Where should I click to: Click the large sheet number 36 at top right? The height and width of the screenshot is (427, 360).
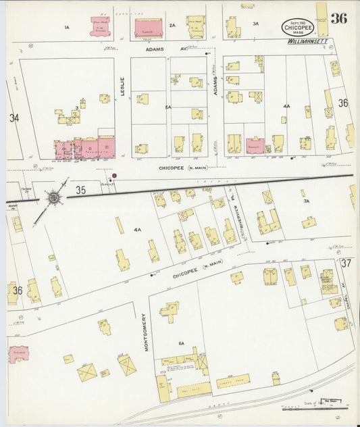tap(338, 18)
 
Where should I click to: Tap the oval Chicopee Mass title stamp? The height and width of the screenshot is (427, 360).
tap(297, 27)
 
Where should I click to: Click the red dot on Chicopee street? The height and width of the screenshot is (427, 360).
tap(114, 176)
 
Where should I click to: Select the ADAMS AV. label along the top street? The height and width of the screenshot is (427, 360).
tap(163, 49)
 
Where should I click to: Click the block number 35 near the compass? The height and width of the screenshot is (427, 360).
tap(81, 190)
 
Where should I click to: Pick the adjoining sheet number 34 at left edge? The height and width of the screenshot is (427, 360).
tap(14, 118)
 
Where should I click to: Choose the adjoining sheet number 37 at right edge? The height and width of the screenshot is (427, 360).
tap(346, 263)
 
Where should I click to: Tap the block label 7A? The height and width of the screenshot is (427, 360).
tap(306, 201)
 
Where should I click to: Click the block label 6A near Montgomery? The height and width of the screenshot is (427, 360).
tap(181, 344)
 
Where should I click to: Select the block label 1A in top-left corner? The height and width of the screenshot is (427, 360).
tap(66, 27)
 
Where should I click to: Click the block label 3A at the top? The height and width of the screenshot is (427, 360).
tap(255, 24)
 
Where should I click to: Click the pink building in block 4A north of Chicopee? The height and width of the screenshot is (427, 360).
tap(255, 145)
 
